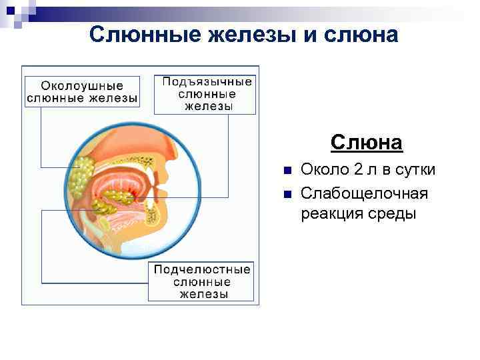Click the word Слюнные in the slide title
pyautogui.click(x=137, y=35)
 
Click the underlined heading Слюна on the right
pyautogui.click(x=366, y=143)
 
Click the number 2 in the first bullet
pyautogui.click(x=357, y=170)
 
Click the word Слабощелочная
pyautogui.click(x=364, y=193)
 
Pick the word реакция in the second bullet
pyautogui.click(x=329, y=214)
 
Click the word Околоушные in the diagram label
pyautogui.click(x=82, y=86)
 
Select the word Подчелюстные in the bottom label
pyautogui.click(x=202, y=269)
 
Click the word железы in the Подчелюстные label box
pyautogui.click(x=203, y=294)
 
